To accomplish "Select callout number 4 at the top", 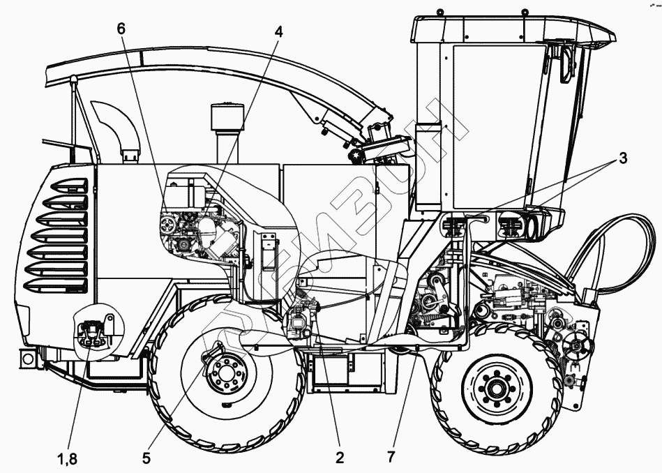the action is (x=279, y=32).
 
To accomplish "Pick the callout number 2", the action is (x=340, y=458).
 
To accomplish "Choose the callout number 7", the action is (x=390, y=458).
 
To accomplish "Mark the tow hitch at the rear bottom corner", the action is (x=27, y=358).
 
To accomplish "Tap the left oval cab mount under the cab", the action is (x=453, y=227).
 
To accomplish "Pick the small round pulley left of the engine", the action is (x=168, y=225).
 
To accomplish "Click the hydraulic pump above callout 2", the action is (x=301, y=322).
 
